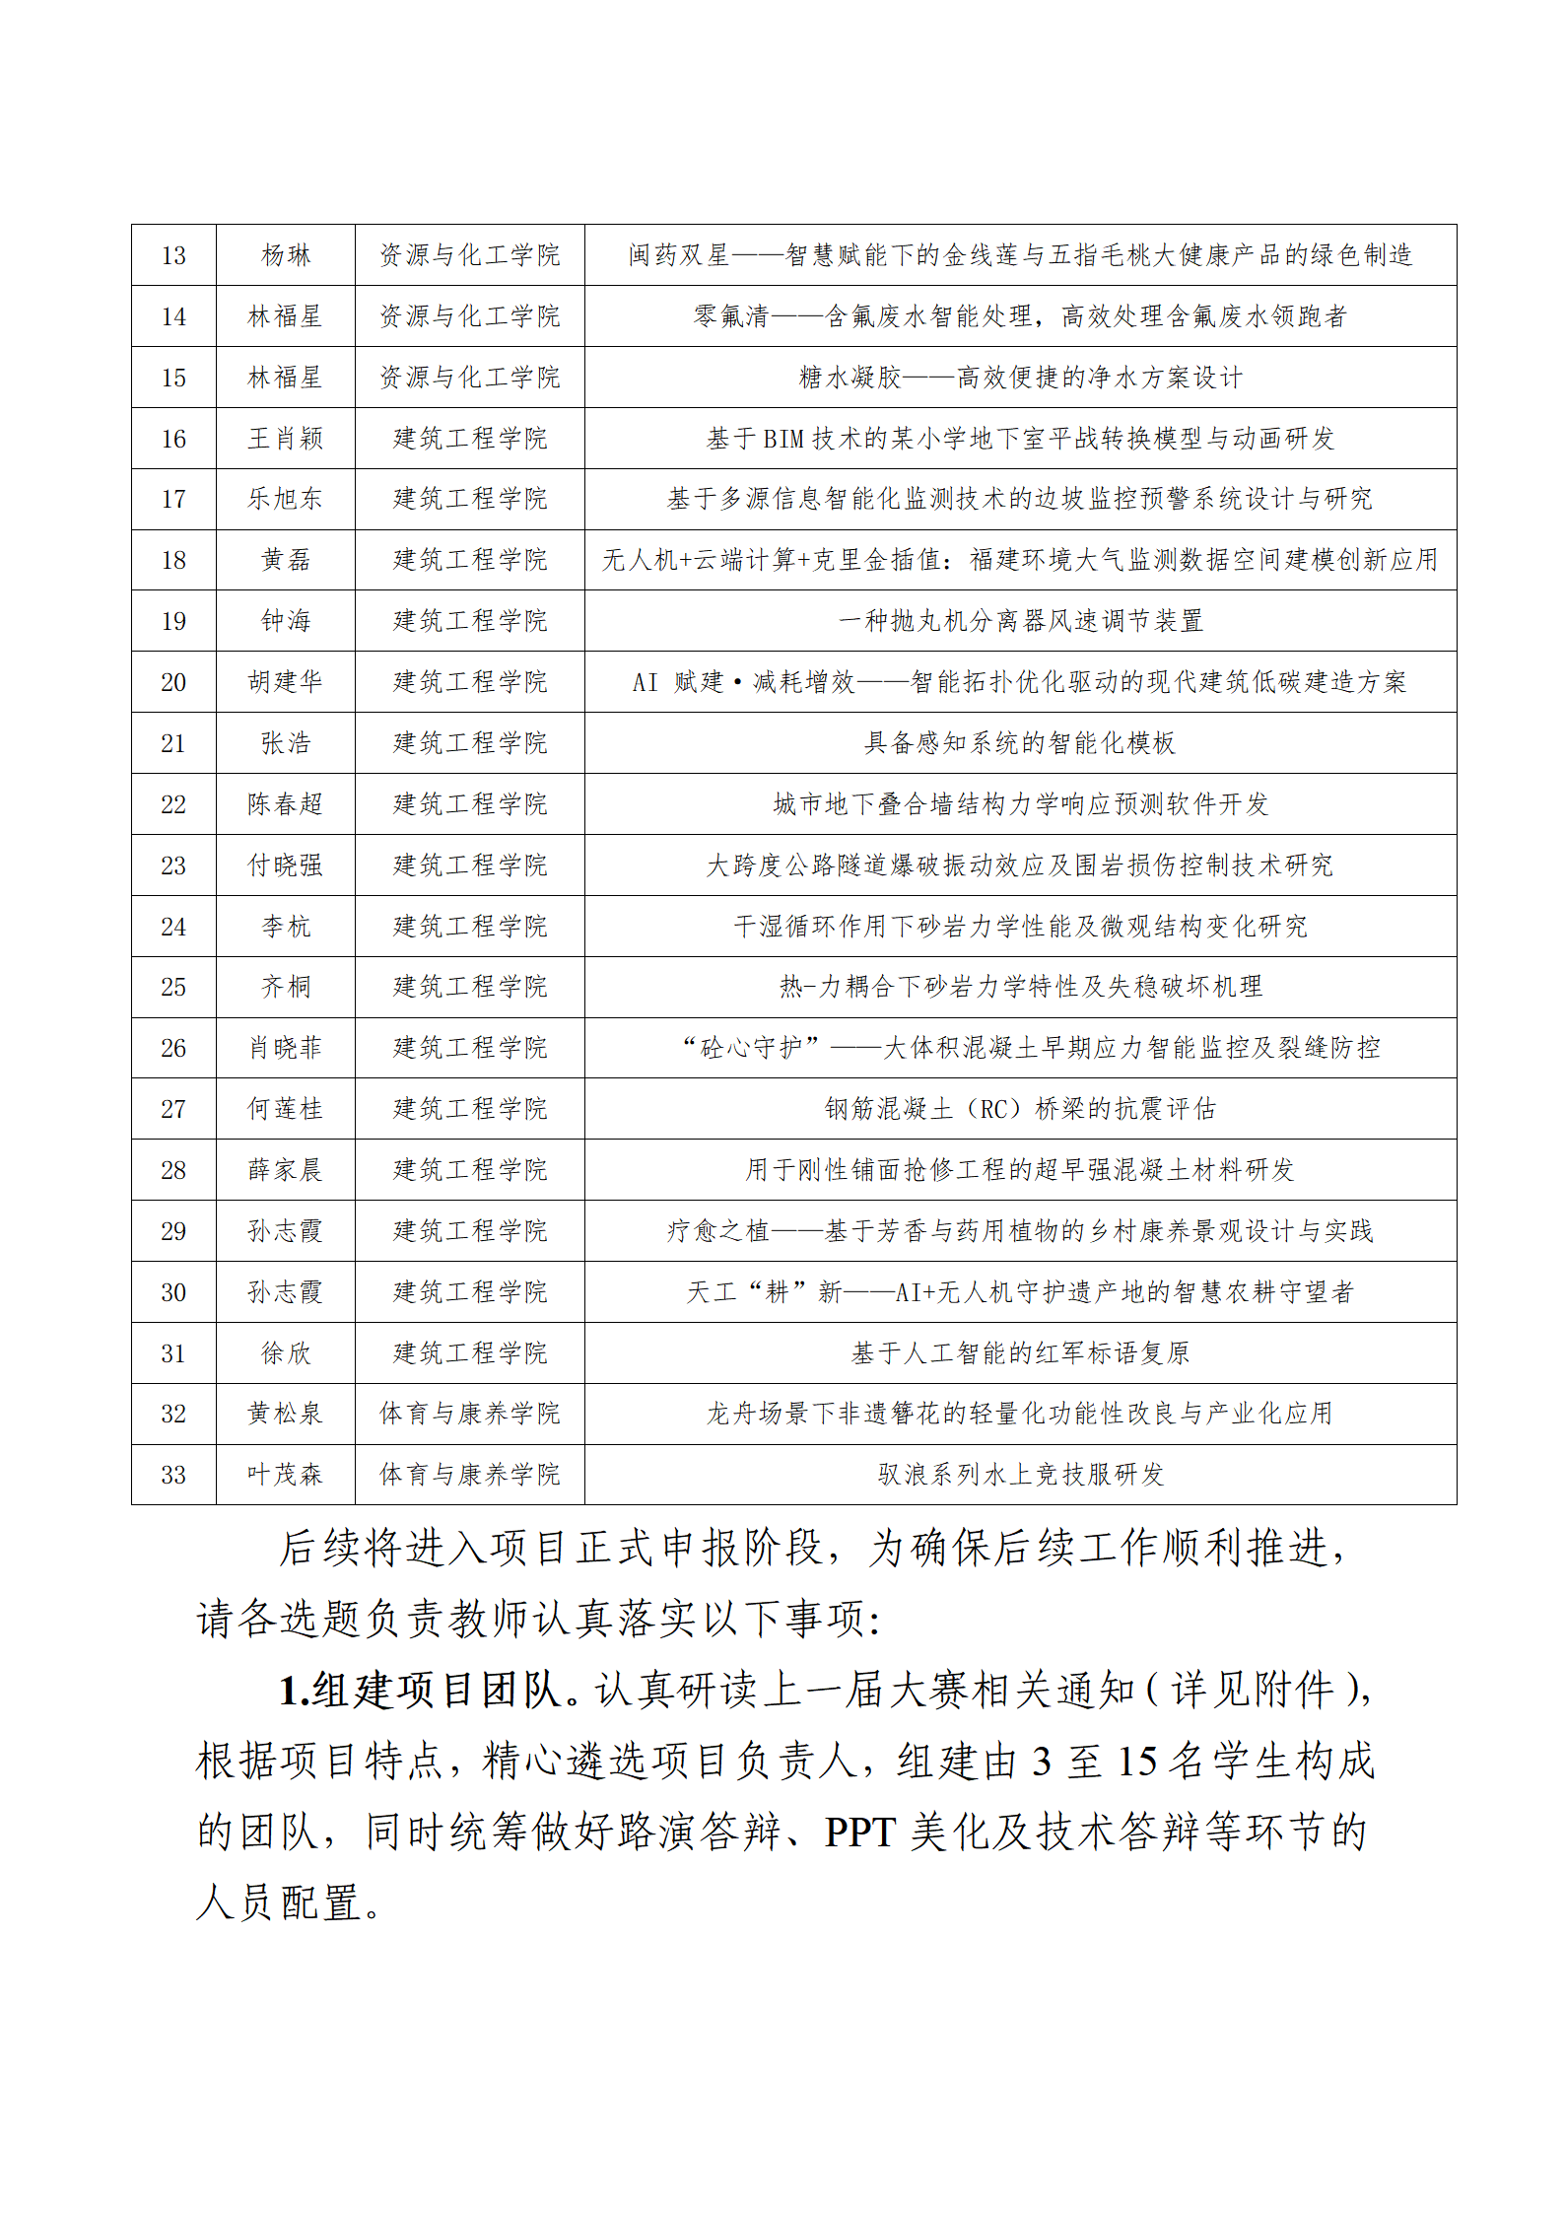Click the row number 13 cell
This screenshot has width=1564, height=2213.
[173, 255]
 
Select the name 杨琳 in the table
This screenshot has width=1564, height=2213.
[286, 255]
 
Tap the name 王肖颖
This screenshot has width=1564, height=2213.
[286, 439]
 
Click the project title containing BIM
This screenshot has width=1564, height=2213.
[1020, 439]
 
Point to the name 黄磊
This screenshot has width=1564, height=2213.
[286, 560]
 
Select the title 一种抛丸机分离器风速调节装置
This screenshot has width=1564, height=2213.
[1020, 621]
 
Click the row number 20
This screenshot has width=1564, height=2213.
[173, 682]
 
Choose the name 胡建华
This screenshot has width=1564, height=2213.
[286, 682]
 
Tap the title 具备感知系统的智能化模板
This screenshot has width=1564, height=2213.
[1020, 743]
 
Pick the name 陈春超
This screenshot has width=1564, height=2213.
[286, 804]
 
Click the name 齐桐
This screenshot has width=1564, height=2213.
[286, 987]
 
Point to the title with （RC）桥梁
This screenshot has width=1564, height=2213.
[1020, 1109]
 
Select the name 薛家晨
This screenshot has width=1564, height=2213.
[286, 1170]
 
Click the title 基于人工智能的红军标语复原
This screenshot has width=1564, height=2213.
[1020, 1353]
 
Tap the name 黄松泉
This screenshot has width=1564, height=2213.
[286, 1414]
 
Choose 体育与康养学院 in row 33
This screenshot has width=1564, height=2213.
[469, 1475]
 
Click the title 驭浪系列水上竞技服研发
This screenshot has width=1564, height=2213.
[1020, 1475]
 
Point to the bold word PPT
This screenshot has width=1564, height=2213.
[859, 1833]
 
